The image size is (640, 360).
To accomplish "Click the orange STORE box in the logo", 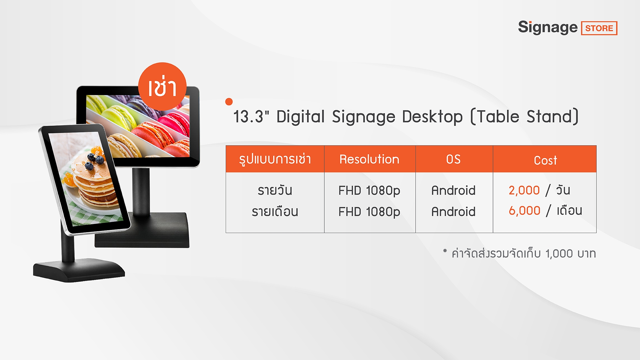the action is pos(599,28).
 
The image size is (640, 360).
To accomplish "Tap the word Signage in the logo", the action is pos(548,27).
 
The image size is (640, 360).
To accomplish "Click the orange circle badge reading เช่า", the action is pos(162,86).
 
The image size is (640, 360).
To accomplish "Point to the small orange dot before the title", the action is pos(229,102).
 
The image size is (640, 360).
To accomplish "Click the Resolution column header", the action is pos(369,159).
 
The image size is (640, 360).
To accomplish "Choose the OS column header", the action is pos(453,159).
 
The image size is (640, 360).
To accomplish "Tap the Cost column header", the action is pos(545,160).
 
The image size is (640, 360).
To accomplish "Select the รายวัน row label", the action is pos(275,190).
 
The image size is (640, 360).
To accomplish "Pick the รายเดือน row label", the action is pos(275,211).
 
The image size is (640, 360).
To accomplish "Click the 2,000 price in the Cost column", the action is pos(524,190).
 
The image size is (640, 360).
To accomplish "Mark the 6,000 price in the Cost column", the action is pos(524,211).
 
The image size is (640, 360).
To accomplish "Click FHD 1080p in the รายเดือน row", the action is pos(369,212).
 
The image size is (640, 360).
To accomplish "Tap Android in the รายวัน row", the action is pos(453,190).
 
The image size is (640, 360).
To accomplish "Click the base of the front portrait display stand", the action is pos(79,270).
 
